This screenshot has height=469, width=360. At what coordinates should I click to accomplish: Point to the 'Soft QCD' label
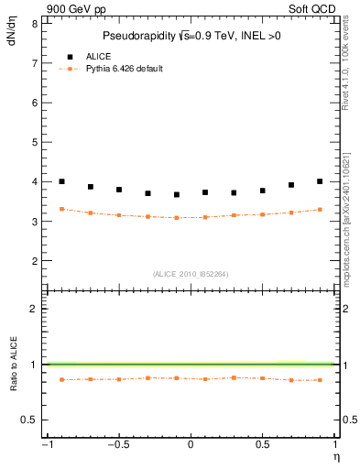pyautogui.click(x=313, y=9)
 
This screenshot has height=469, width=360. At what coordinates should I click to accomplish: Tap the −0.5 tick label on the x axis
pyautogui.click(x=116, y=445)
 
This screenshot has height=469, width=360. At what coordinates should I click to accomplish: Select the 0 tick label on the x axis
pyautogui.click(x=191, y=445)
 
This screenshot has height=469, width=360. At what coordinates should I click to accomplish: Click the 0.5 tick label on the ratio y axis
pyautogui.click(x=29, y=420)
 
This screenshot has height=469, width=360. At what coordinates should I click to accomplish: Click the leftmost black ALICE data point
pyautogui.click(x=61, y=181)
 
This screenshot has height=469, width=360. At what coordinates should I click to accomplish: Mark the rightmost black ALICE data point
pyautogui.click(x=320, y=181)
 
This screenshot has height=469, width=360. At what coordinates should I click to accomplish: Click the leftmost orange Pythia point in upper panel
pyautogui.click(x=61, y=209)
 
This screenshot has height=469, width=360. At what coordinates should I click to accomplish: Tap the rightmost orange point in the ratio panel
pyautogui.click(x=320, y=379)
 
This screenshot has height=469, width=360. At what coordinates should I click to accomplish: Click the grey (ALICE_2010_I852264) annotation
pyautogui.click(x=191, y=273)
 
